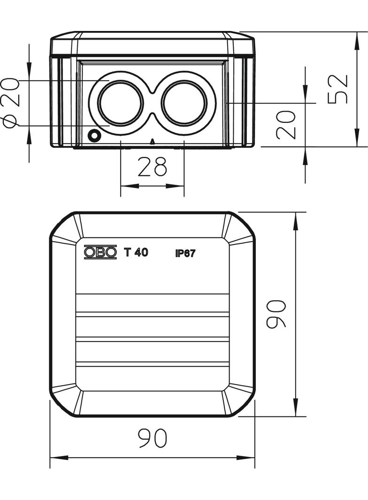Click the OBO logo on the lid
(x=100, y=252)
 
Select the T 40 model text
(x=136, y=252)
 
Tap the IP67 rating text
(x=185, y=254)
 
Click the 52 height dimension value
(x=339, y=89)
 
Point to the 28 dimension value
(x=153, y=167)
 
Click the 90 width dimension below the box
(x=153, y=439)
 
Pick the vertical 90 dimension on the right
(x=276, y=314)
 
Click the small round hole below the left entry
(x=94, y=136)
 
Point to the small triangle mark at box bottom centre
(x=153, y=141)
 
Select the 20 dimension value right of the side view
(x=286, y=125)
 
